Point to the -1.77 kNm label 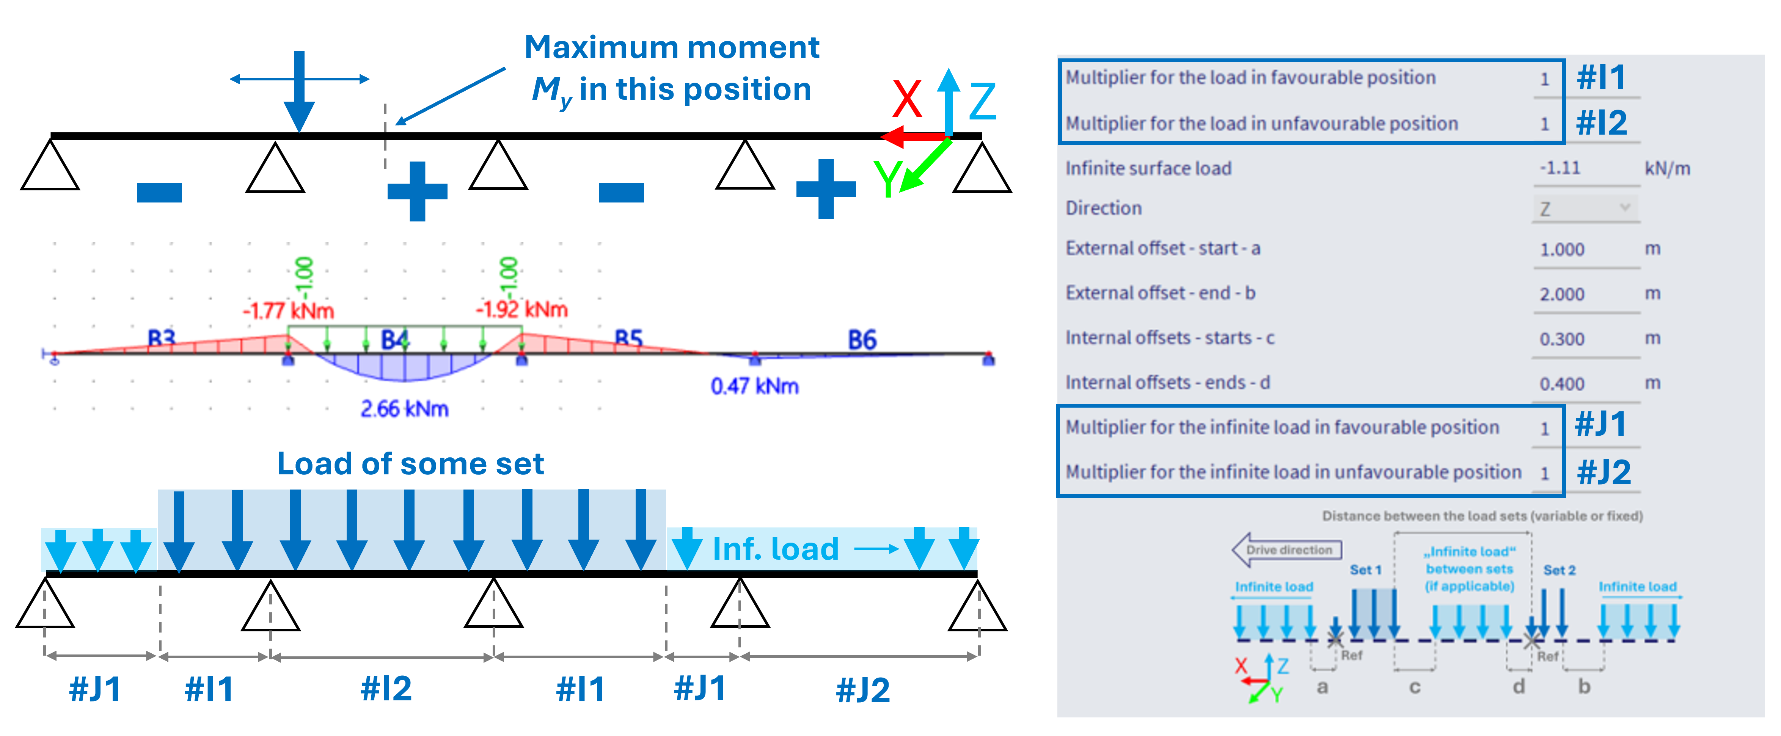click(x=288, y=310)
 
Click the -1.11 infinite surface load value click(x=1560, y=168)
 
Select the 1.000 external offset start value click(x=1562, y=250)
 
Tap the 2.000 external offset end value click(x=1562, y=294)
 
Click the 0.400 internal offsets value click(x=1562, y=384)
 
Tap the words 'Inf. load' click(x=775, y=549)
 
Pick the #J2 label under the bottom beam click(x=863, y=690)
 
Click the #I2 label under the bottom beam click(x=386, y=688)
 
